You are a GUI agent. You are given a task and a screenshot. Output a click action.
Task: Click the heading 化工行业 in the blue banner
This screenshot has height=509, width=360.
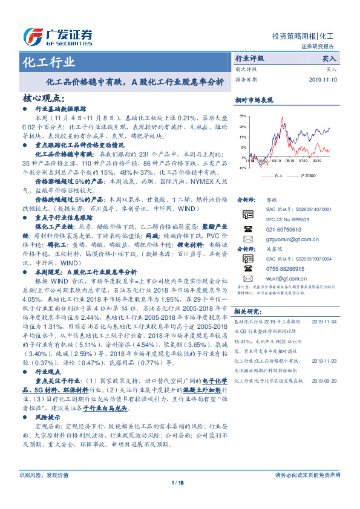pos(48,62)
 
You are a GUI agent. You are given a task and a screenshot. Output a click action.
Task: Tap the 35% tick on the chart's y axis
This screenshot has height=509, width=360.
pos(242,115)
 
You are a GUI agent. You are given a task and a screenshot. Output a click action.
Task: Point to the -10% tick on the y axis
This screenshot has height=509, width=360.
pos(241,168)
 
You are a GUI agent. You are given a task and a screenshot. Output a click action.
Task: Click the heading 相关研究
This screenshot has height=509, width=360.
pos(247,311)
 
